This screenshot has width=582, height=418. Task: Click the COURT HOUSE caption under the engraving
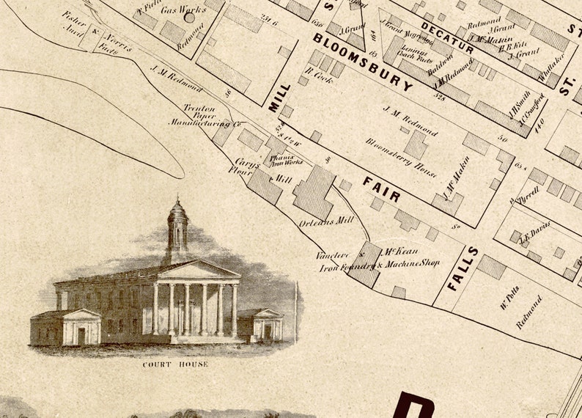pos(174,364)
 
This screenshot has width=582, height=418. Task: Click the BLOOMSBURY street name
pos(363,61)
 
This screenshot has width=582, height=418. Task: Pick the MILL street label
pos(275,98)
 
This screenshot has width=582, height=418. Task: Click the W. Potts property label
pos(509,296)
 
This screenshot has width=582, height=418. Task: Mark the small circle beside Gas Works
pos(190,17)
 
